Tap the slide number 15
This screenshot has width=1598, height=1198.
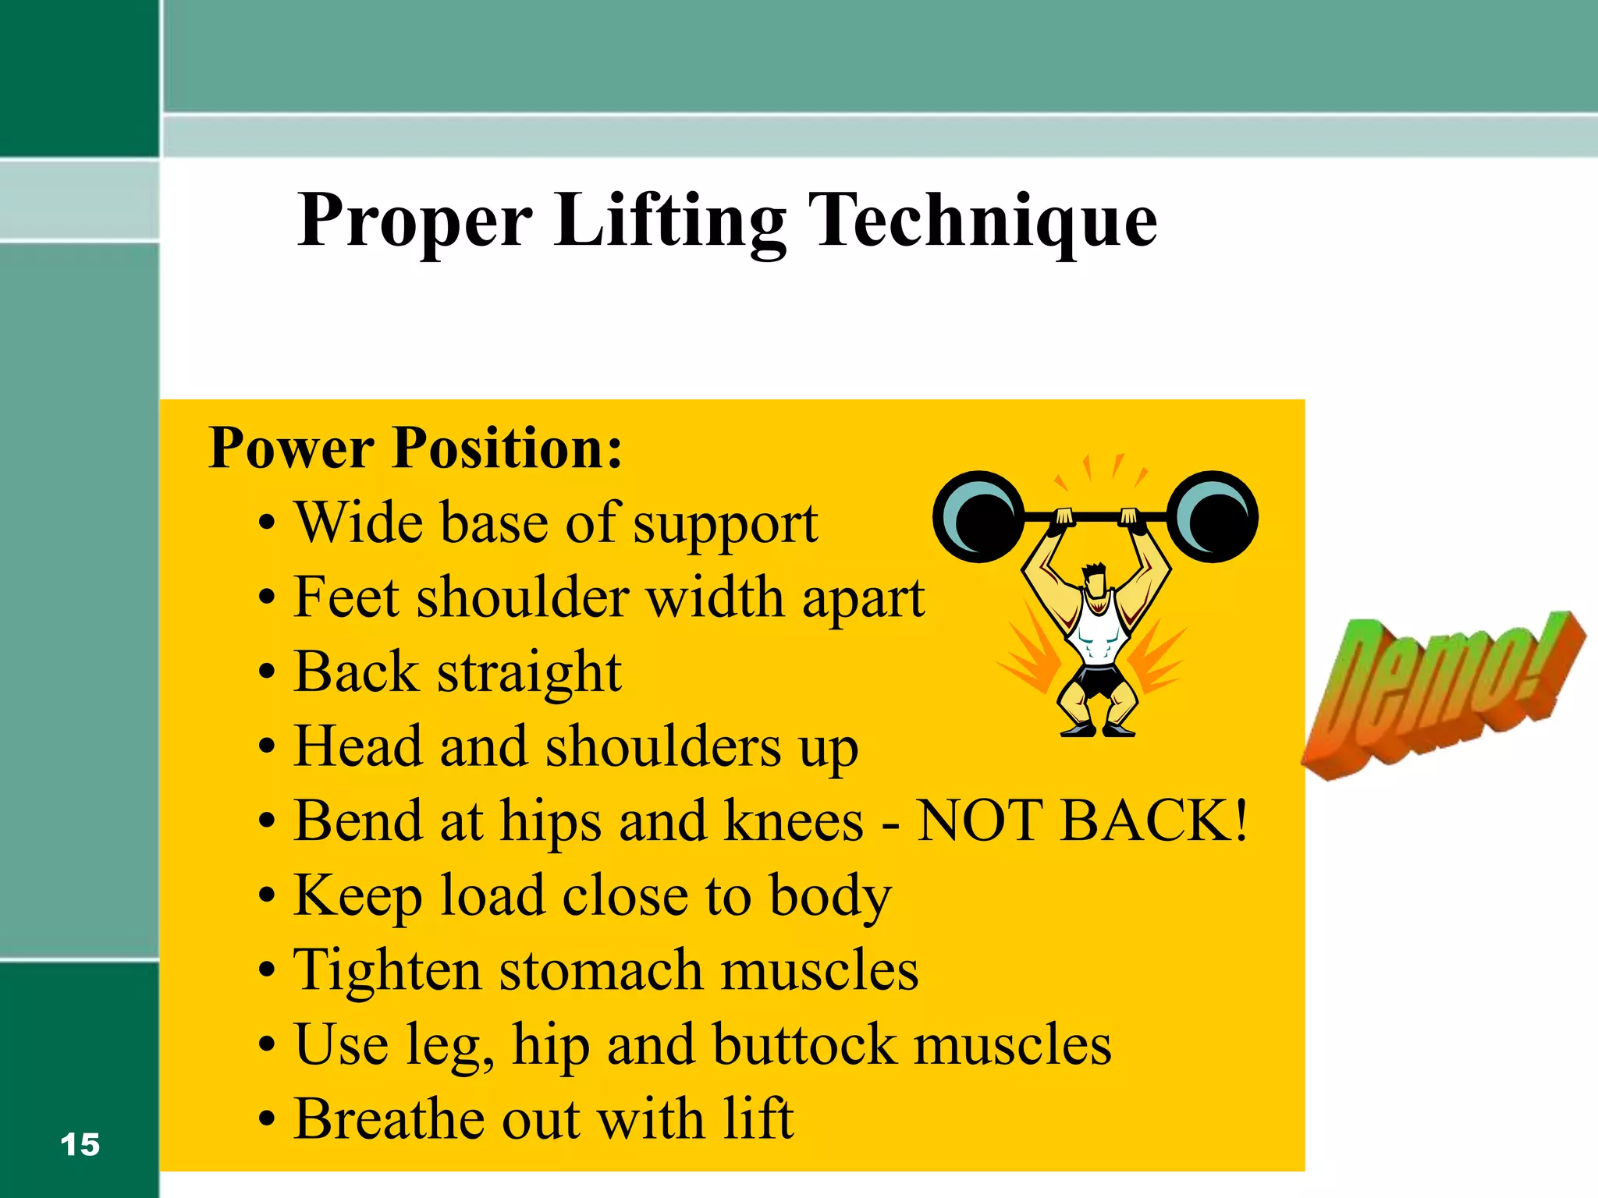[x=80, y=1144]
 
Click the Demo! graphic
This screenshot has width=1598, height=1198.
[x=1444, y=694]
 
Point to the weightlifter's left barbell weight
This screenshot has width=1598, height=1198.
[x=978, y=517]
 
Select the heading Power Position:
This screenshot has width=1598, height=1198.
[x=415, y=448]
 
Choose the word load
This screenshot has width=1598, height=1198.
[x=492, y=895]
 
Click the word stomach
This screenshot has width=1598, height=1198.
[x=600, y=970]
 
